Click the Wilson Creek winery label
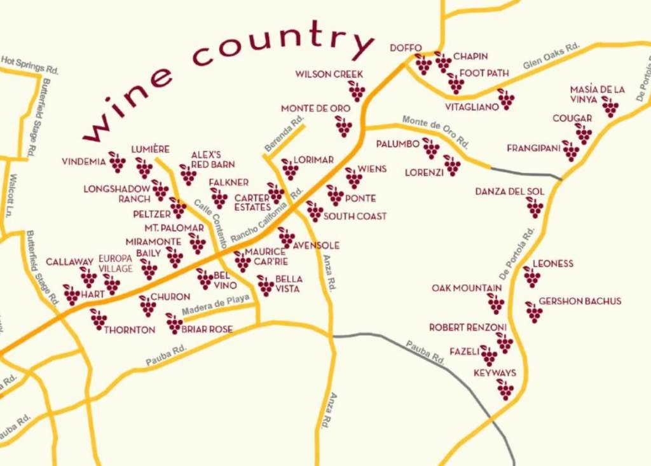329,74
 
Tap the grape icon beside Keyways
505,389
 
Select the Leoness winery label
552,264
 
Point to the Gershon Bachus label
580,301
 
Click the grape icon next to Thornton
98,319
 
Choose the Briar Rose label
207,329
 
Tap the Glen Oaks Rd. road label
552,56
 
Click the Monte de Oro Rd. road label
436,132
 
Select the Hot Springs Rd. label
29,64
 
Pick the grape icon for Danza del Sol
534,207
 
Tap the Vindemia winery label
83,161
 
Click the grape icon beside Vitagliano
505,99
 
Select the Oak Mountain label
467,289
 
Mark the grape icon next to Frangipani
570,151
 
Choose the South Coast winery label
355,216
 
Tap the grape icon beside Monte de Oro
343,126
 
